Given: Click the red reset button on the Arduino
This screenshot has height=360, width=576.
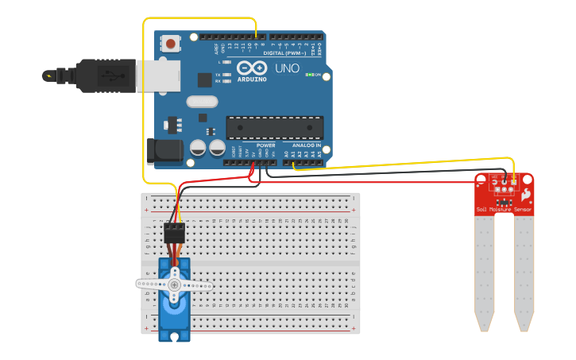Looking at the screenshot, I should [170, 44].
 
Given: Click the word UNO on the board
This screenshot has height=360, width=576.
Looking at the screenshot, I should [287, 68].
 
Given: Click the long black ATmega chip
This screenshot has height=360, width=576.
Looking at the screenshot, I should [275, 126].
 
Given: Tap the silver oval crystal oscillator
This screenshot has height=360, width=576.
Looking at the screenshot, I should [202, 102].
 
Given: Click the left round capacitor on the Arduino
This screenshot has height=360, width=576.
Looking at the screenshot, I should [198, 148].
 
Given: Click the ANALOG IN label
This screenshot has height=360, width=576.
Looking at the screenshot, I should [306, 145].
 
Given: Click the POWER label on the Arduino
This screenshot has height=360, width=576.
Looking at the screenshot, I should [265, 145].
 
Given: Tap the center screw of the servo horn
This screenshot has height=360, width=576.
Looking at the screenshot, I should [175, 284].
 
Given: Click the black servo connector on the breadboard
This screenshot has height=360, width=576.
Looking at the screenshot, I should [174, 233].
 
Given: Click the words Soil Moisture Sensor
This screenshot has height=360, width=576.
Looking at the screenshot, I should [504, 210].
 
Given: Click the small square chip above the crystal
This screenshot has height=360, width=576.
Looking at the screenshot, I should [205, 79].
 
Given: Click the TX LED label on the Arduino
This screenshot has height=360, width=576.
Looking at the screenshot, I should [218, 75].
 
